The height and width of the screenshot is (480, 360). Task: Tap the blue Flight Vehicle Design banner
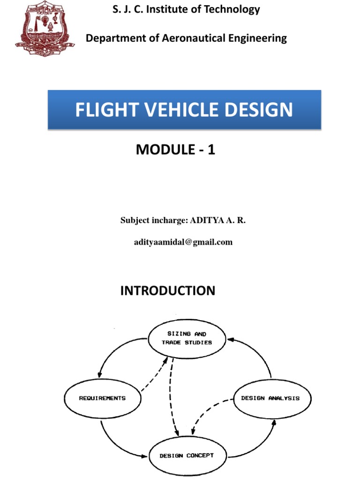pyautogui.click(x=184, y=110)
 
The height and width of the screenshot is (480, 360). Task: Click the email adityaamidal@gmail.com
pyautogui.click(x=183, y=242)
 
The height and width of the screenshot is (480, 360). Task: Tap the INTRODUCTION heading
pyautogui.click(x=167, y=291)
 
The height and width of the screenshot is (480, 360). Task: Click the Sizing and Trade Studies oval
pyautogui.click(x=187, y=338)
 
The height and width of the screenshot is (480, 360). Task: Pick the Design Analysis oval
pyautogui.click(x=270, y=398)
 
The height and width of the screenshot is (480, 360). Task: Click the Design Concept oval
pyautogui.click(x=186, y=455)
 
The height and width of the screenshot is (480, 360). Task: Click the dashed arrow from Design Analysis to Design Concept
pyautogui.click(x=206, y=412)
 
